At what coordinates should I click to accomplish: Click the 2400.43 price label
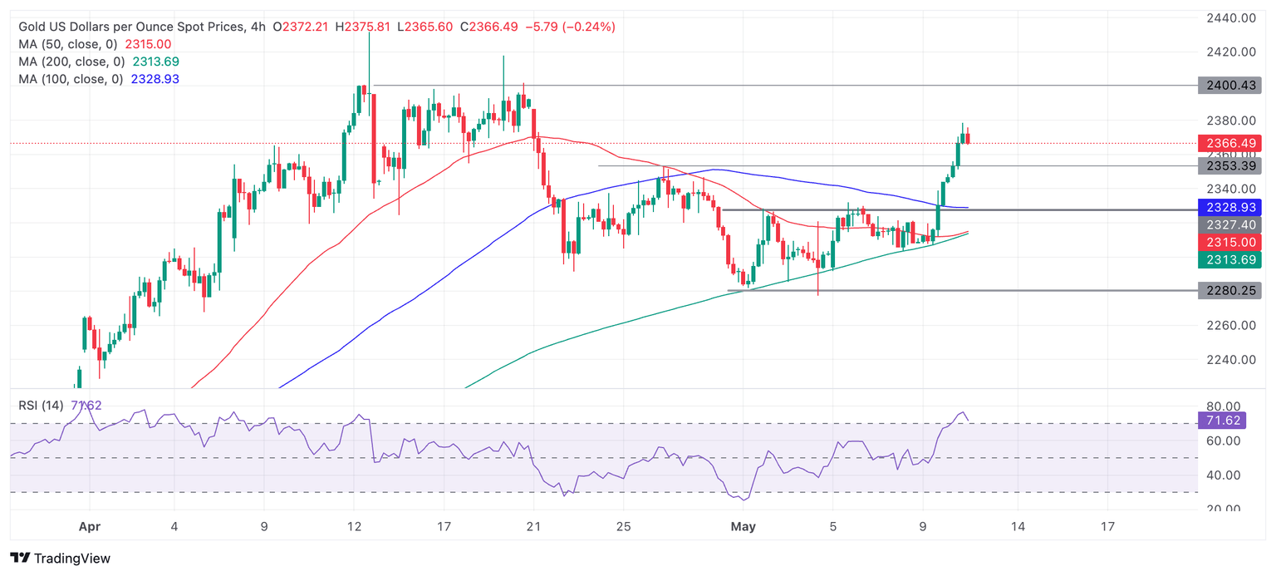click(1229, 85)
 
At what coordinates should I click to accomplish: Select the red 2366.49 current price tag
click(1229, 143)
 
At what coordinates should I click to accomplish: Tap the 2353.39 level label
click(1229, 165)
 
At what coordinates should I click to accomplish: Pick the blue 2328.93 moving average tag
click(1229, 207)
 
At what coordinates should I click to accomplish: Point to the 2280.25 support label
click(1229, 290)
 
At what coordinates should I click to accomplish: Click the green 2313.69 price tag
click(1229, 260)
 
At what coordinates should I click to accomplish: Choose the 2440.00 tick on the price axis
click(1230, 17)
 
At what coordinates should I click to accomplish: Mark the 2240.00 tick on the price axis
click(1230, 360)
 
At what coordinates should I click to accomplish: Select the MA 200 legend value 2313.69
click(155, 62)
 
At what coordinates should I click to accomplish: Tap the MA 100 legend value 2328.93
click(155, 79)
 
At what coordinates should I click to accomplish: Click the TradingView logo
click(60, 559)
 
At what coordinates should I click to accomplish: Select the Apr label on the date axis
click(88, 526)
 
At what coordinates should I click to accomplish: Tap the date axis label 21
click(533, 526)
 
